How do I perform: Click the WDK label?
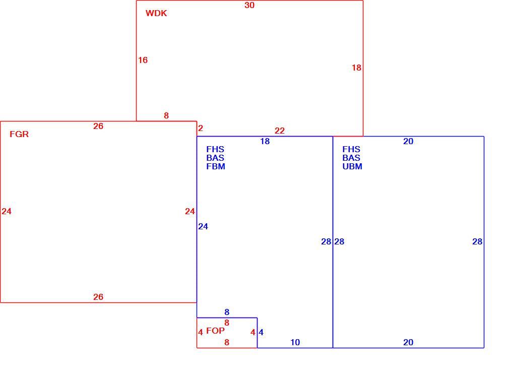coord(156,13)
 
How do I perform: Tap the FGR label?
coord(19,134)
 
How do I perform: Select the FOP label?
coord(215,331)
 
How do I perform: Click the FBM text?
coord(216,166)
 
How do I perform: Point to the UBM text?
coord(352,166)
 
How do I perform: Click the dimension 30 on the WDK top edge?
coord(249,5)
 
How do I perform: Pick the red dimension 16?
coord(143,60)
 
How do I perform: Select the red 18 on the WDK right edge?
coord(356,68)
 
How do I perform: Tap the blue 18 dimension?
coord(265,141)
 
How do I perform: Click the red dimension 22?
coord(280,131)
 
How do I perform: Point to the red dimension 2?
coord(201,128)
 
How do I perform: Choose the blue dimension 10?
coord(295,342)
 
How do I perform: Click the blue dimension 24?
coord(203,226)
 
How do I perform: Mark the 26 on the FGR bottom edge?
coord(98,297)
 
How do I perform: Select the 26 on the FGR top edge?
coord(98,126)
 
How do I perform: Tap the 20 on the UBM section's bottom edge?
coord(408,342)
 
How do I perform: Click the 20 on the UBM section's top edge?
coord(408,141)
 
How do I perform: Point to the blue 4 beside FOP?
coord(261,332)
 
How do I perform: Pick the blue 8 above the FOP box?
coord(227,312)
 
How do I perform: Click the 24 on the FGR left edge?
coord(7,211)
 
